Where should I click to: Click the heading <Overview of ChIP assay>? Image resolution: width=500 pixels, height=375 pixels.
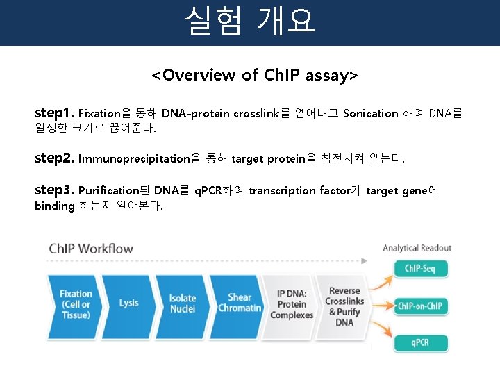(255, 75)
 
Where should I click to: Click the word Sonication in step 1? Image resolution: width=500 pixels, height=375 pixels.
(371, 113)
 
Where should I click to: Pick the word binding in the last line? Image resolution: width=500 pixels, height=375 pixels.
(54, 206)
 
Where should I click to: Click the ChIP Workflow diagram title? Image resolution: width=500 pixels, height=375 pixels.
(90, 249)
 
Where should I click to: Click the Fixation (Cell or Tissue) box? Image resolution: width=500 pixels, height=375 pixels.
(75, 304)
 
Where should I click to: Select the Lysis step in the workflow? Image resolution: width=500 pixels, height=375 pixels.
(129, 303)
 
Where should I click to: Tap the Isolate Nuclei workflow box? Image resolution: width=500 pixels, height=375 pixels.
(183, 303)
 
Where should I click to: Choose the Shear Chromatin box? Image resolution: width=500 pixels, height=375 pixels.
(239, 303)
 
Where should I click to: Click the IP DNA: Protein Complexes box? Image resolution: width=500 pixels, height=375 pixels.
(292, 304)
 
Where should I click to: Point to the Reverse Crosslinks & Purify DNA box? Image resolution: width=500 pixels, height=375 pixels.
(344, 306)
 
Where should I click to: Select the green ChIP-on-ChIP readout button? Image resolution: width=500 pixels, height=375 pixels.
(421, 306)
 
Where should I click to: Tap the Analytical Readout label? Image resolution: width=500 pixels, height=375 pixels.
(417, 248)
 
